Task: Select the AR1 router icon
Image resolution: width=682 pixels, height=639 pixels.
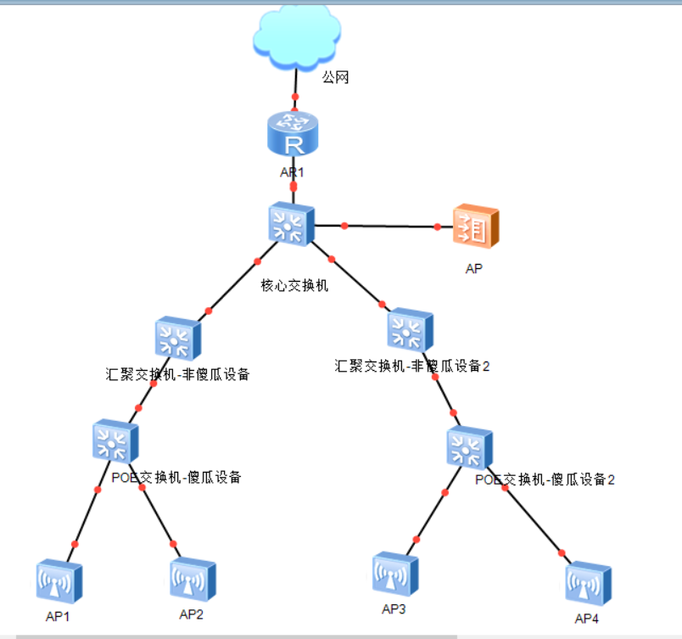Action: click(293, 134)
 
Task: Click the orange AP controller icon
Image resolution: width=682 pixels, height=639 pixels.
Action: click(475, 226)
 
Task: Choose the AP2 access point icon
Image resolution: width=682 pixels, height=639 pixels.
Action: click(193, 580)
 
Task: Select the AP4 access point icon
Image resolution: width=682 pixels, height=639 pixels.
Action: click(589, 583)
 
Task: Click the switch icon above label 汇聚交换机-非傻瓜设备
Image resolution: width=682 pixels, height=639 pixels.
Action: click(178, 339)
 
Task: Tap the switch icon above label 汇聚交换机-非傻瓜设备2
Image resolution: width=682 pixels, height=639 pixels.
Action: click(410, 330)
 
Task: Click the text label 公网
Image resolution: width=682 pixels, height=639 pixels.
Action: click(335, 78)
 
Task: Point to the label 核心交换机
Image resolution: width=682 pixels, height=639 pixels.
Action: click(294, 285)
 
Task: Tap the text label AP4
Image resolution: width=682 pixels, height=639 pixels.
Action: click(587, 619)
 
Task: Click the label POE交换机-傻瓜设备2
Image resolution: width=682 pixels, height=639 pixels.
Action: click(545, 479)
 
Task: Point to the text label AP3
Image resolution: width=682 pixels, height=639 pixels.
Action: click(394, 609)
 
